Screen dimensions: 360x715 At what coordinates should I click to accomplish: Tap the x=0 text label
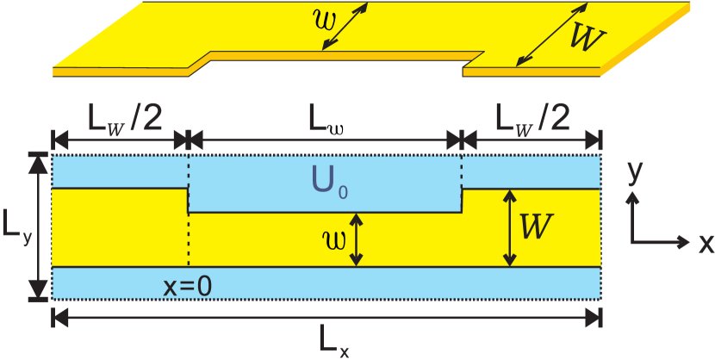pyautogui.click(x=188, y=287)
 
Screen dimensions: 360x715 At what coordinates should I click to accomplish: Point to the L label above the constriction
pyautogui.click(x=318, y=117)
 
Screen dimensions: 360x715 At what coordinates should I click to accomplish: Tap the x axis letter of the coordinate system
pyautogui.click(x=705, y=242)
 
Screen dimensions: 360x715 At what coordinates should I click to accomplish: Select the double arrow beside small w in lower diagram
pyautogui.click(x=359, y=239)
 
